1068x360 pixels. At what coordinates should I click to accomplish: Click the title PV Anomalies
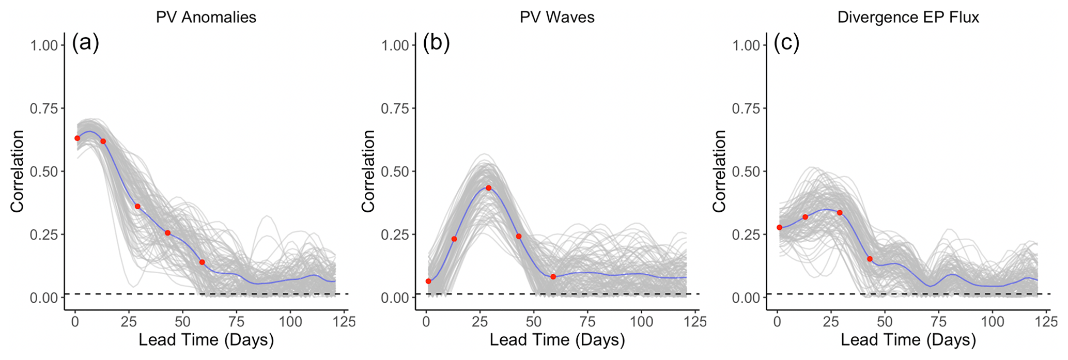(x=206, y=17)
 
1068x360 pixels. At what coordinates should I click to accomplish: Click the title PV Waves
(x=557, y=17)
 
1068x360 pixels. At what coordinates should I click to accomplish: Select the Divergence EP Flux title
(x=908, y=17)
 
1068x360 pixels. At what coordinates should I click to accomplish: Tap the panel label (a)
(x=85, y=43)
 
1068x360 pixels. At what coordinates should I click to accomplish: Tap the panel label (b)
(x=436, y=43)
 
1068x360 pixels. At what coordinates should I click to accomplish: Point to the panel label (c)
(x=786, y=43)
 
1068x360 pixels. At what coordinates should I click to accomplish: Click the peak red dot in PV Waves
(x=488, y=188)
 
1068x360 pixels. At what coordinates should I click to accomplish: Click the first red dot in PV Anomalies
(x=77, y=138)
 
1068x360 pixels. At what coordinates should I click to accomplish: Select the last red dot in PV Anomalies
(x=202, y=262)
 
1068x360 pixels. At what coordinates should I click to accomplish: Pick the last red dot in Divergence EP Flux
(x=870, y=259)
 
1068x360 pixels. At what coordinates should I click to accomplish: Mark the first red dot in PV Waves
(x=428, y=281)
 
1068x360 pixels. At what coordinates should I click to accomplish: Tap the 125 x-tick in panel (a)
(x=345, y=322)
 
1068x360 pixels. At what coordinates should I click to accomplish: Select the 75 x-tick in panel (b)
(x=588, y=322)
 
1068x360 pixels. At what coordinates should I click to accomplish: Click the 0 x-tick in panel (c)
(x=777, y=322)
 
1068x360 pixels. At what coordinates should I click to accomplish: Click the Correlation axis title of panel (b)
(x=368, y=171)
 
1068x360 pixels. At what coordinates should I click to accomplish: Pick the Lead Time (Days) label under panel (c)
(x=908, y=340)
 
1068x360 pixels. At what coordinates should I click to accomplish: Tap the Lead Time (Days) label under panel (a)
(x=206, y=340)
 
